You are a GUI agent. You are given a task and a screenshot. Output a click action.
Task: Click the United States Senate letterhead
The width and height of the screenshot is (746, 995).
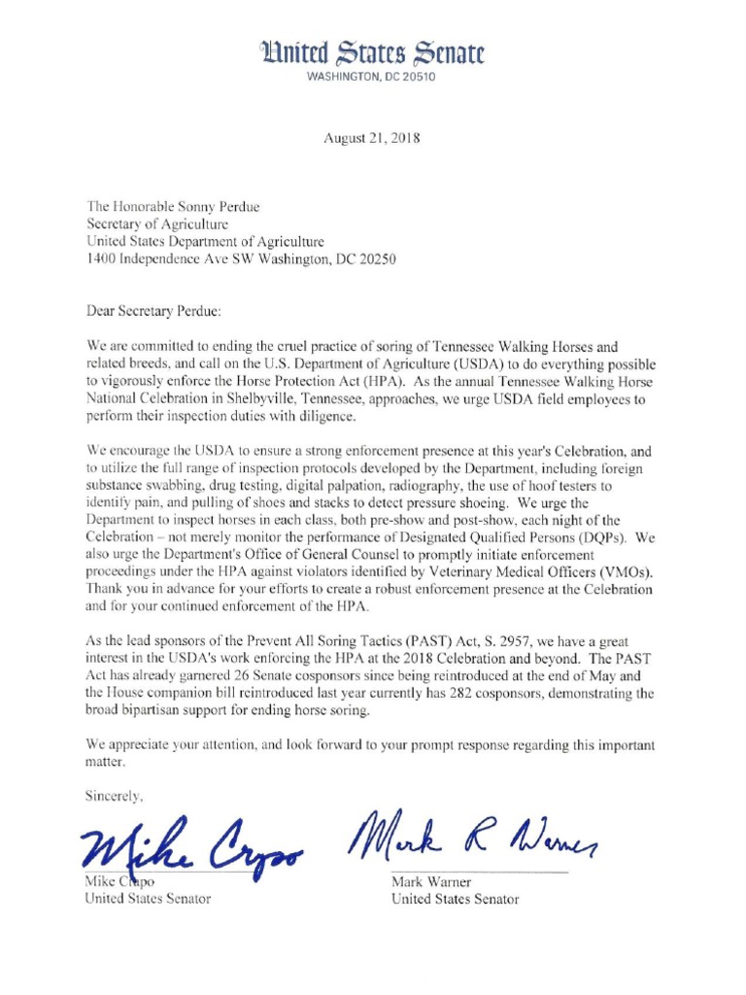pos(372,53)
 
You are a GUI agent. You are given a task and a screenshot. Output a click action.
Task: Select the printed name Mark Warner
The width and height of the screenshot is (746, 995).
pos(431,882)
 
